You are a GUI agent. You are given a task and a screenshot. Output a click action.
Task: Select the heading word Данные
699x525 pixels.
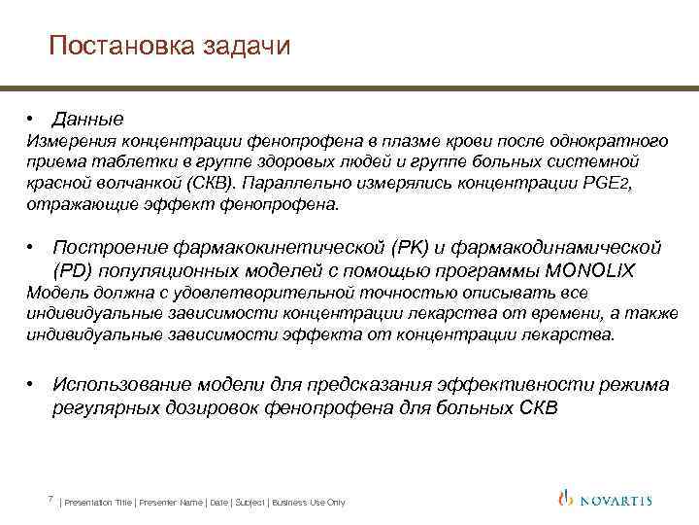(x=88, y=120)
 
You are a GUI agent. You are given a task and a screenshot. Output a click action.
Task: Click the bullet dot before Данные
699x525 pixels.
(x=32, y=120)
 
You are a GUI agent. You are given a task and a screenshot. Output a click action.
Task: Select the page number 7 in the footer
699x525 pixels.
(x=49, y=500)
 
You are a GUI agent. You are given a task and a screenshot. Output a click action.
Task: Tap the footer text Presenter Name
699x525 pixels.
(x=171, y=503)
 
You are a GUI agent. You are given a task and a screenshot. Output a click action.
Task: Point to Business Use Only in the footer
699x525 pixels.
(x=309, y=503)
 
